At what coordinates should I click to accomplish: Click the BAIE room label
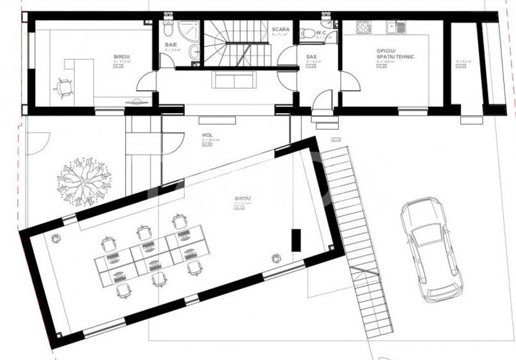click(x=171, y=45)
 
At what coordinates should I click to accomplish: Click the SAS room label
click(x=311, y=57)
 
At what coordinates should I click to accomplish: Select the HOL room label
click(x=207, y=135)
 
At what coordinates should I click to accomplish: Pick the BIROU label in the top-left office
click(x=122, y=57)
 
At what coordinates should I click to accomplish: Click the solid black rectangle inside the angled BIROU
click(x=295, y=239)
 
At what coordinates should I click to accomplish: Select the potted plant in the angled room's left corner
click(x=55, y=239)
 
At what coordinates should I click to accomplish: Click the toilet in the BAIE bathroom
click(x=168, y=29)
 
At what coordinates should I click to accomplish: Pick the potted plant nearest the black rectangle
click(x=275, y=258)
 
